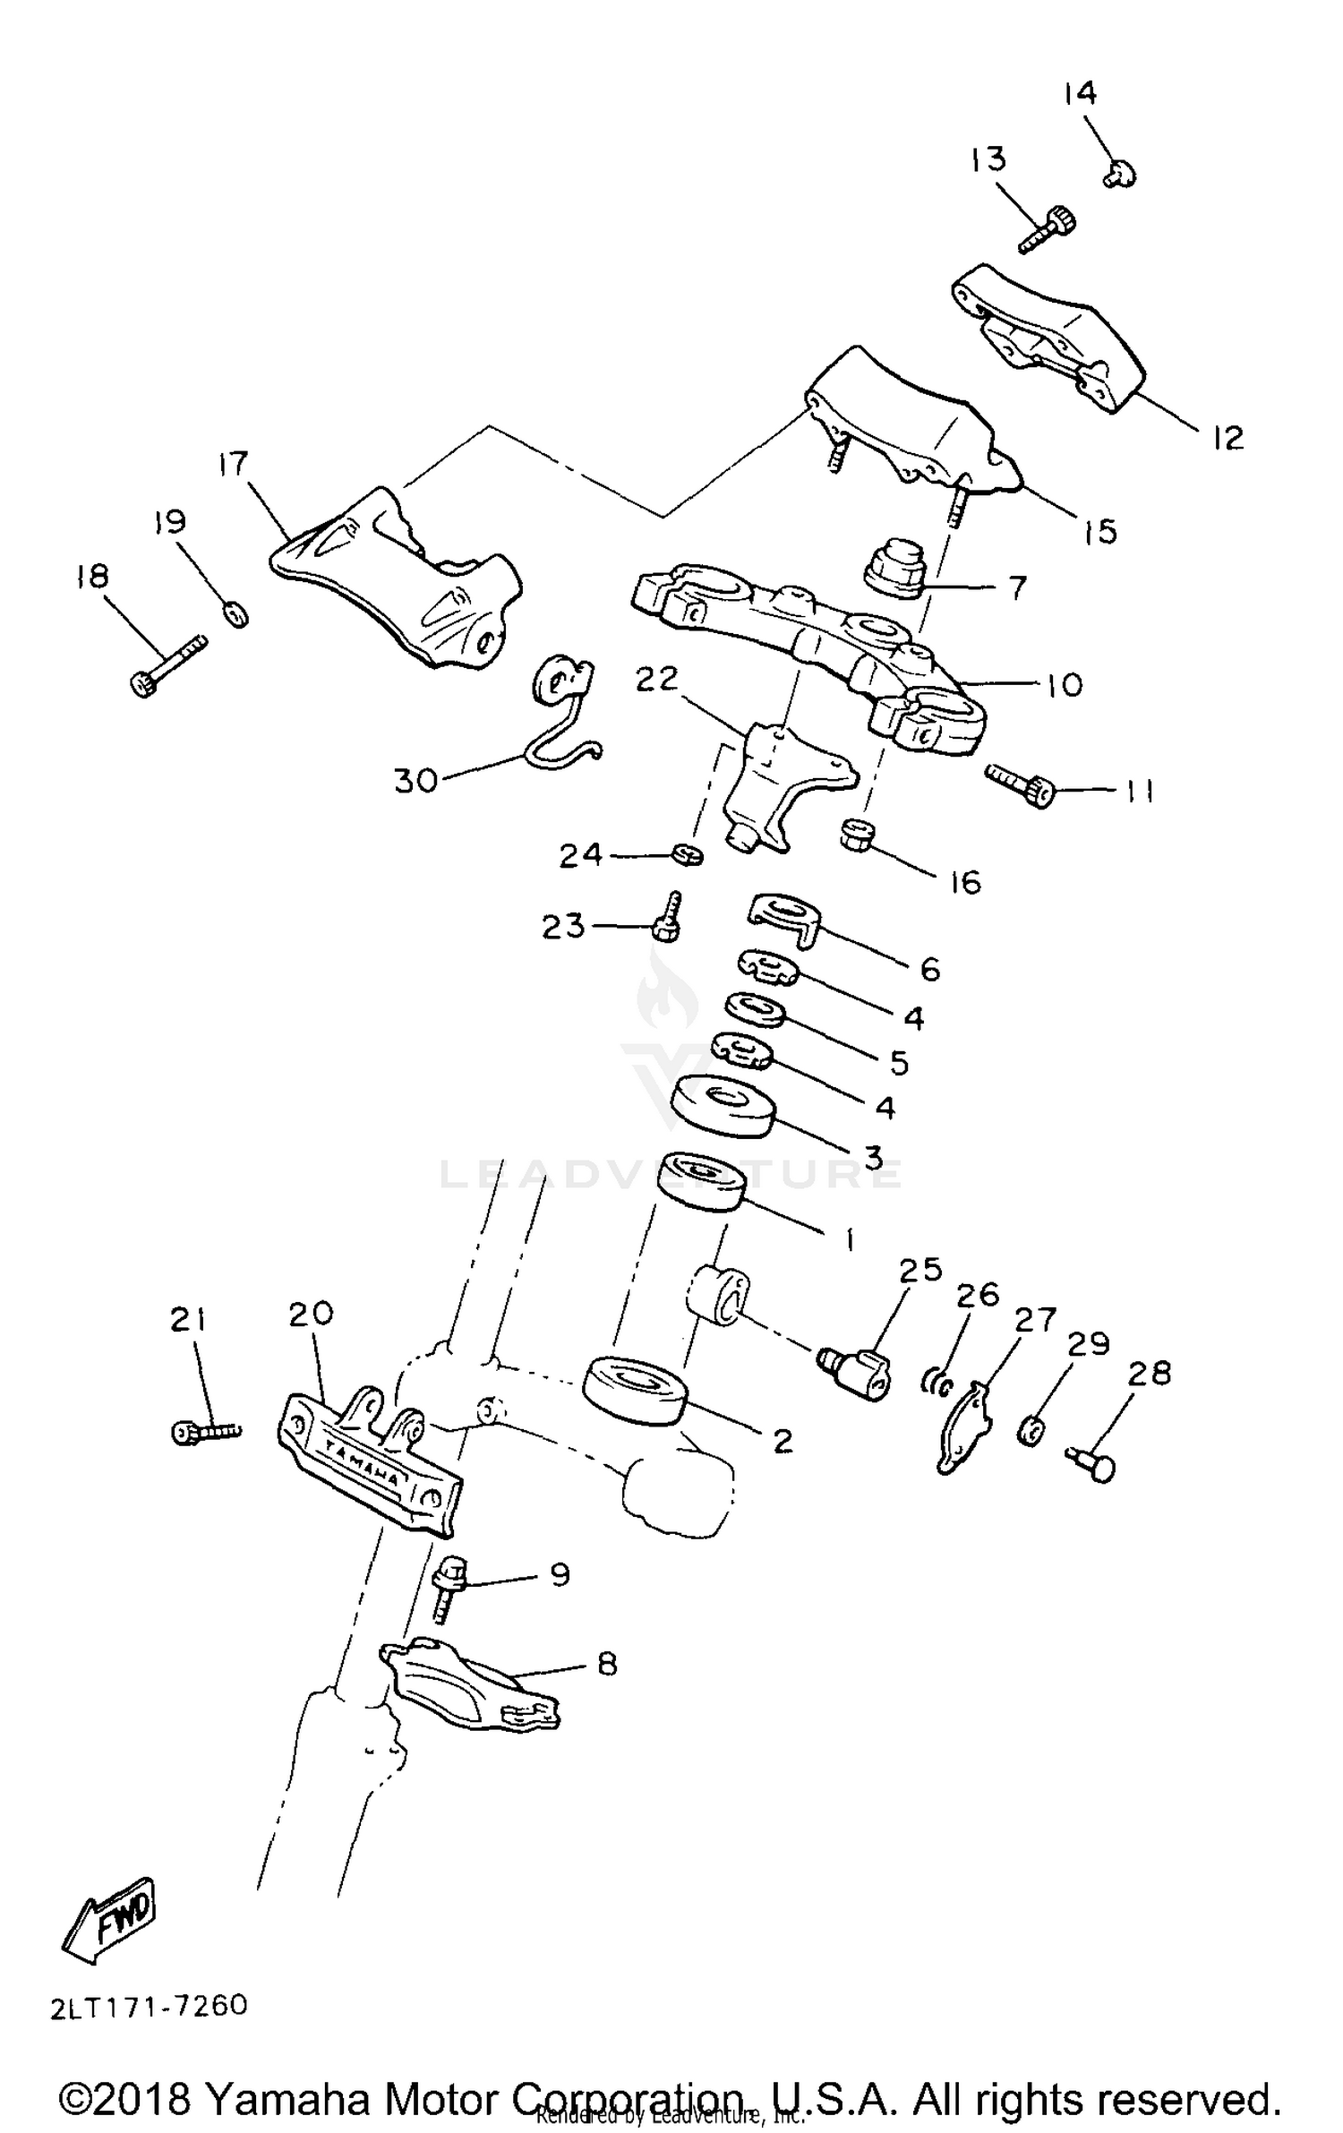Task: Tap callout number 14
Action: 1080,93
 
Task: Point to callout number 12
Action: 1228,438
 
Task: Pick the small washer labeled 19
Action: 235,614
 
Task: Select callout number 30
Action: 415,781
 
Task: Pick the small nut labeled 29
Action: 1031,1431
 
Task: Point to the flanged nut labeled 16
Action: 858,835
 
